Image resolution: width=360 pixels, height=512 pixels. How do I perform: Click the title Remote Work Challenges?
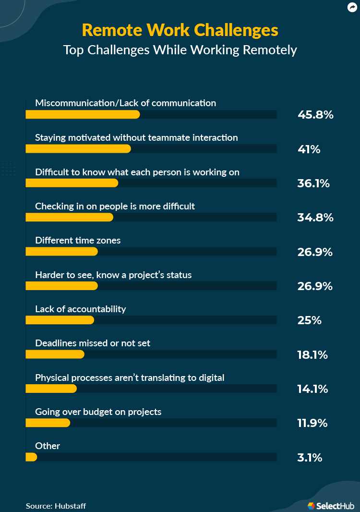click(180, 30)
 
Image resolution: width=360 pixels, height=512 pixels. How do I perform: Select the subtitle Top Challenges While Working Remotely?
click(180, 50)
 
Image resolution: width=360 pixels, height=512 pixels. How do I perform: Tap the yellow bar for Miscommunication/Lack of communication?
click(83, 114)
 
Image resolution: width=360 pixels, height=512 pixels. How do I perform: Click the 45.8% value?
click(315, 115)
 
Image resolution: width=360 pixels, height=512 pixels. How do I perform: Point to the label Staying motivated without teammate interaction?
click(136, 137)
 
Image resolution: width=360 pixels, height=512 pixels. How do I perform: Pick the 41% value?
click(309, 149)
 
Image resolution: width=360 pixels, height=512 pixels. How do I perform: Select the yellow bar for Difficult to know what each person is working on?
click(72, 183)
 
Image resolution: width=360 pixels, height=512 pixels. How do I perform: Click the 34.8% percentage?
click(315, 218)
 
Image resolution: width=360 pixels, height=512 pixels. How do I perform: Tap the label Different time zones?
click(78, 240)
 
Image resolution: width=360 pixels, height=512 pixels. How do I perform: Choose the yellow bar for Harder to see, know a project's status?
click(61, 286)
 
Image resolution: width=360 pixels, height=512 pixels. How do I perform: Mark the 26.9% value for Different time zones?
click(315, 252)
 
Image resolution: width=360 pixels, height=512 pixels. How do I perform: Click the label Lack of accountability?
click(81, 309)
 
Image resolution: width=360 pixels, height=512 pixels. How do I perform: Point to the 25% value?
click(310, 320)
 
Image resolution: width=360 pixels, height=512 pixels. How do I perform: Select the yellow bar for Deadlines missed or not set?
click(55, 354)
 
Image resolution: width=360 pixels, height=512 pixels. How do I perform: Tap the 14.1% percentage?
click(313, 389)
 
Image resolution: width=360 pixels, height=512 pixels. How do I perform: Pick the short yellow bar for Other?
click(31, 457)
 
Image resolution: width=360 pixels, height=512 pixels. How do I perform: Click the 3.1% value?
click(310, 458)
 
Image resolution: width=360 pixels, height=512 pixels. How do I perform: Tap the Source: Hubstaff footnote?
click(56, 506)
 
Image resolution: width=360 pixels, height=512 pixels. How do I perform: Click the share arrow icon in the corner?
click(352, 7)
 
